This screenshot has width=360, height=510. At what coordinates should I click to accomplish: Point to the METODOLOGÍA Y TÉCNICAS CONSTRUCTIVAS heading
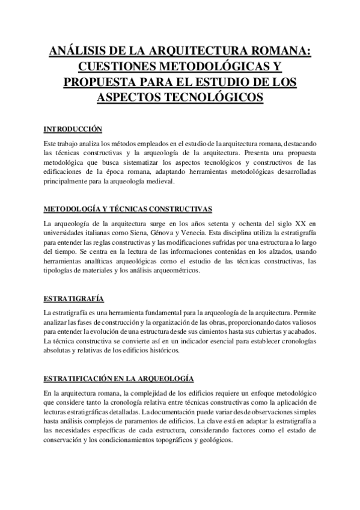128,209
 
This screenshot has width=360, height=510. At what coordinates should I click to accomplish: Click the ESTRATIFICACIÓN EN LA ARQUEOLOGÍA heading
118,378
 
